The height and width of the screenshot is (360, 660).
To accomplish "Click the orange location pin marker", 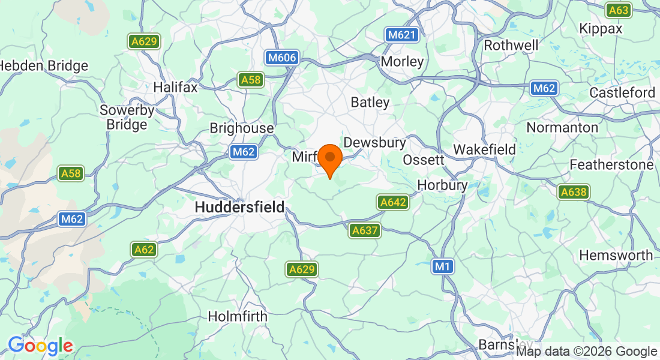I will [x=329, y=159].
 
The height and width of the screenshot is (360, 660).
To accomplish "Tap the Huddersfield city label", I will [x=239, y=207].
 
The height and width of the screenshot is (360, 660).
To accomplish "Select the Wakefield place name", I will [x=484, y=149].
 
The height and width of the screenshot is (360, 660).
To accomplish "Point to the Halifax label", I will [x=175, y=87].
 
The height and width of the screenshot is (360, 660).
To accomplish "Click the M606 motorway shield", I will [x=281, y=58].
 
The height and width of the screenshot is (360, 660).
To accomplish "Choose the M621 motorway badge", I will [x=401, y=35].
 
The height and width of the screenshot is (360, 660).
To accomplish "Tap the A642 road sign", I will [x=393, y=203].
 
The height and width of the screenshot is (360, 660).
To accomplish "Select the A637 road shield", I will [x=365, y=230].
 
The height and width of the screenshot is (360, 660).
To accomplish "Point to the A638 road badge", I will [x=573, y=192].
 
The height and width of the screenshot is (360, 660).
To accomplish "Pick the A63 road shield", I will [x=618, y=10].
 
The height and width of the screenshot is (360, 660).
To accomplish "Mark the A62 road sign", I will [x=144, y=250].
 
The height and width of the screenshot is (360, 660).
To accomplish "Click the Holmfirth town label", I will [x=238, y=316].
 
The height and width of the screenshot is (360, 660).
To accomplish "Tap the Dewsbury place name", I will [x=374, y=143].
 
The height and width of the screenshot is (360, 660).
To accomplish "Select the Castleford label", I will [x=622, y=93].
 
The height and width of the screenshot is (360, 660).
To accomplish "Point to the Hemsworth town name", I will [x=616, y=256].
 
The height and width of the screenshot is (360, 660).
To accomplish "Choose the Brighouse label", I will [x=241, y=128].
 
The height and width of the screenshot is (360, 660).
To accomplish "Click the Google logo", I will [x=40, y=346].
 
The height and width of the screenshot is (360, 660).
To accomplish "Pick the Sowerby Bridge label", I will [x=127, y=118].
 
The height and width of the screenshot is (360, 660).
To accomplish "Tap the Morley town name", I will [x=402, y=61].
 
